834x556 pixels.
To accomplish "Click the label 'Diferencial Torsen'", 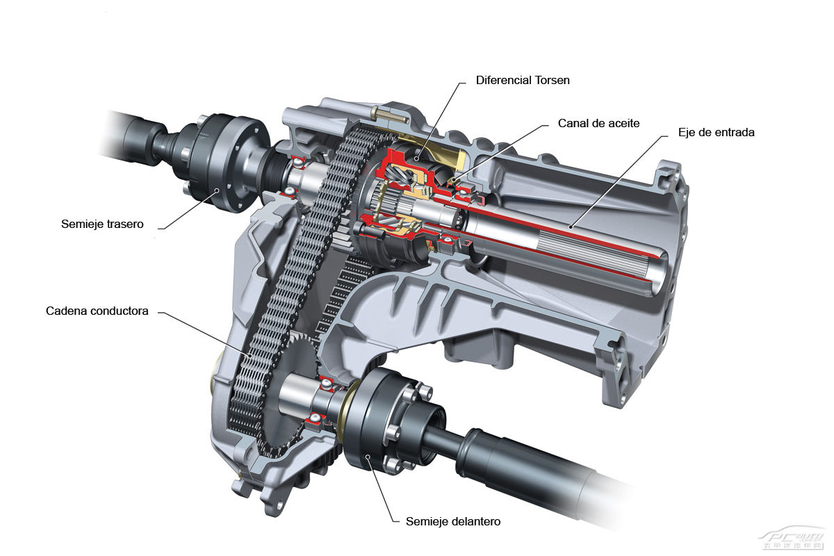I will pyautogui.click(x=523, y=80).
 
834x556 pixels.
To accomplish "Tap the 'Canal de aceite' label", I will pyautogui.click(x=598, y=123).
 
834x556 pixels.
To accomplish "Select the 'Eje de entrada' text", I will pyautogui.click(x=717, y=132).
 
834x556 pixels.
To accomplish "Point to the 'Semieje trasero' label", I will pyautogui.click(x=102, y=224).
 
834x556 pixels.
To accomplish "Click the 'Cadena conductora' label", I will pyautogui.click(x=97, y=311).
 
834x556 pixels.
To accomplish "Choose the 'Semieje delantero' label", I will pyautogui.click(x=453, y=521).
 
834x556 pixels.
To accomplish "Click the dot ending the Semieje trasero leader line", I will pyautogui.click(x=217, y=190).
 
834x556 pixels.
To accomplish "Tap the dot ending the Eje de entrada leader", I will pyautogui.click(x=570, y=225).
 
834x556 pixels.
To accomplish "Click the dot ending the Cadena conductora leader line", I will pyautogui.click(x=251, y=356).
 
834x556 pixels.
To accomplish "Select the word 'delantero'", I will pyautogui.click(x=476, y=521).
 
